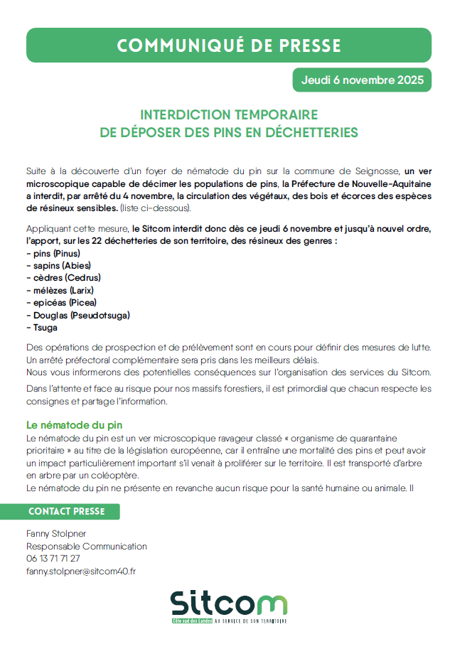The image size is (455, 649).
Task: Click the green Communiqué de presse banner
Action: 228,45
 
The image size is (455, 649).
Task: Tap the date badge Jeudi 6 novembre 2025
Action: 363,80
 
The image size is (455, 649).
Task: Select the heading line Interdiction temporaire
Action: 228,115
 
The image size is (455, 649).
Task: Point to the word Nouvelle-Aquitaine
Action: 392,183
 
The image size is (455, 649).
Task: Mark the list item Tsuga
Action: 42,328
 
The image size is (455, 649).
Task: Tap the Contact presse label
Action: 65,511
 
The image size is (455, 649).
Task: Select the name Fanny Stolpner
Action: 55,534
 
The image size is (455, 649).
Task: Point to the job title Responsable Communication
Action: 87,546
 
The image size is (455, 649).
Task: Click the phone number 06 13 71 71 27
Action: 53,558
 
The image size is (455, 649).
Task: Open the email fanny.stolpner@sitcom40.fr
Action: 81,571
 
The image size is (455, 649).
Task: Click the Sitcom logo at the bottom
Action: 228,606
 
